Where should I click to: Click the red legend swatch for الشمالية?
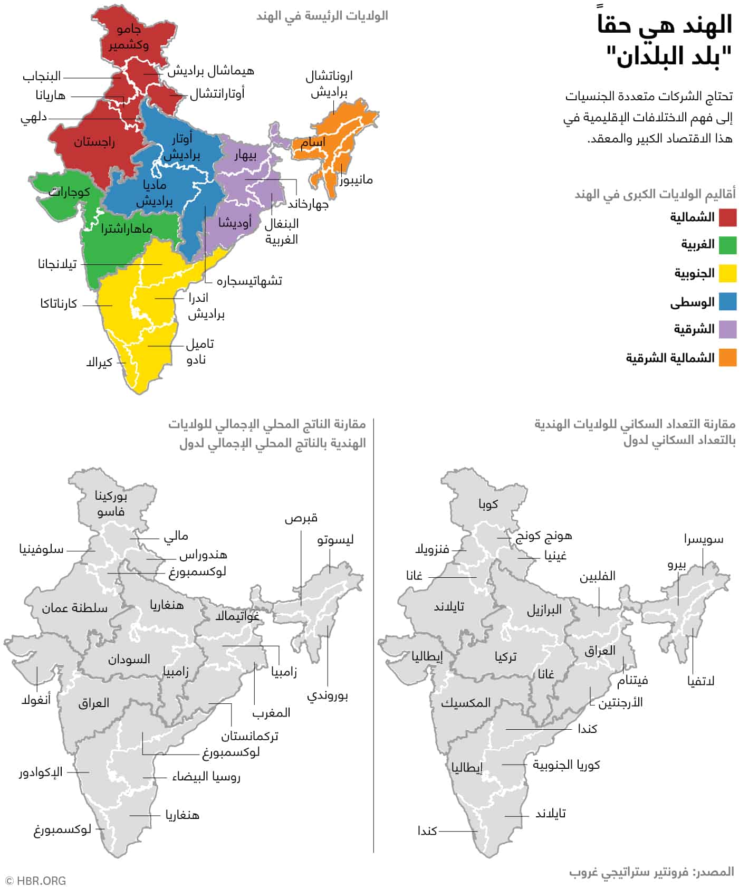coord(727,217)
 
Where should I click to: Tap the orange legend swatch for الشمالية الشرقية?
coord(727,358)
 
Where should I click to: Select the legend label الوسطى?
coord(692,302)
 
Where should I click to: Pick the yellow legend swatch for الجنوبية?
coord(727,273)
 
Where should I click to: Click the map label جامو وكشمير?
coord(129,37)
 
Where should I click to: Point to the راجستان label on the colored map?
coord(94,142)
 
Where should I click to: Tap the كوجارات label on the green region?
coord(69,192)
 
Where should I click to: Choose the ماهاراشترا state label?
coord(127,229)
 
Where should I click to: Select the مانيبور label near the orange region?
coord(356,180)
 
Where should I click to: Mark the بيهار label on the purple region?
coord(245,155)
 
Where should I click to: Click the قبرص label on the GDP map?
coord(301,518)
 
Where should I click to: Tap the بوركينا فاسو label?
coord(111,504)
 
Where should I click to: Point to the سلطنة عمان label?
coord(74,608)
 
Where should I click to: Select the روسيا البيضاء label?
coord(206,777)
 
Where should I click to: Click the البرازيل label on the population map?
coord(544,611)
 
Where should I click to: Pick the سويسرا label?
coord(704,539)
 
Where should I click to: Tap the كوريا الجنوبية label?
coord(566,765)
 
